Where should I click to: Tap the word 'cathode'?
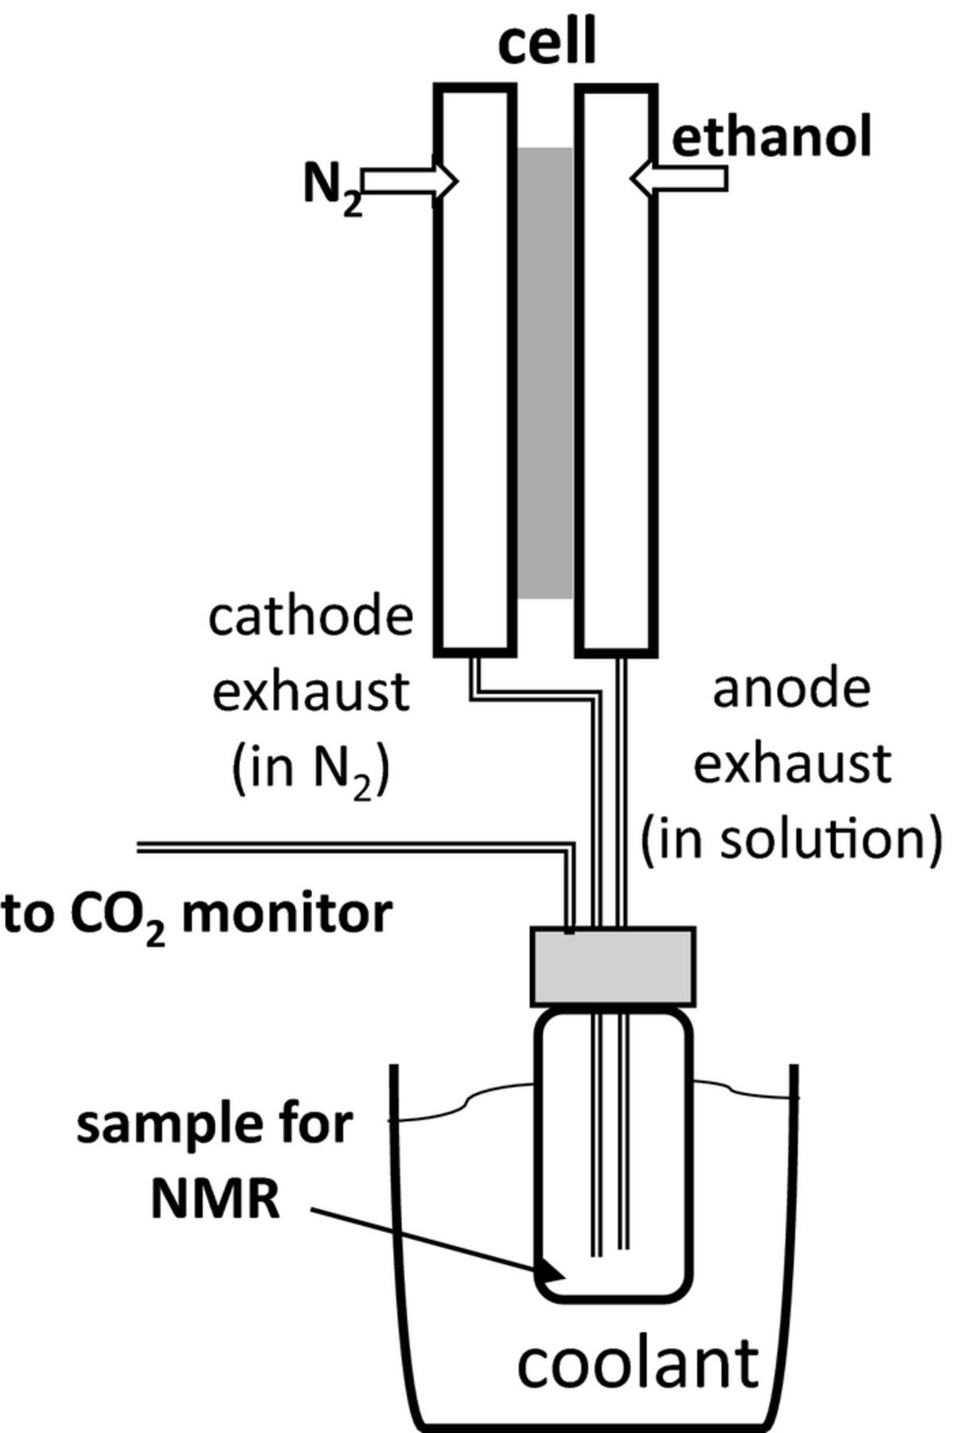pos(311,617)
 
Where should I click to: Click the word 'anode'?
pos(791,689)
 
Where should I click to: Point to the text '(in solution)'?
pos(792,839)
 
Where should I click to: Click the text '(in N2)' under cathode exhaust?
pos(311,769)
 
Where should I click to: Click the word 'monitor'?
pos(287,913)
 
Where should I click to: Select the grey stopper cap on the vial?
pos(613,965)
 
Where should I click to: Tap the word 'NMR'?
pos(215,1197)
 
